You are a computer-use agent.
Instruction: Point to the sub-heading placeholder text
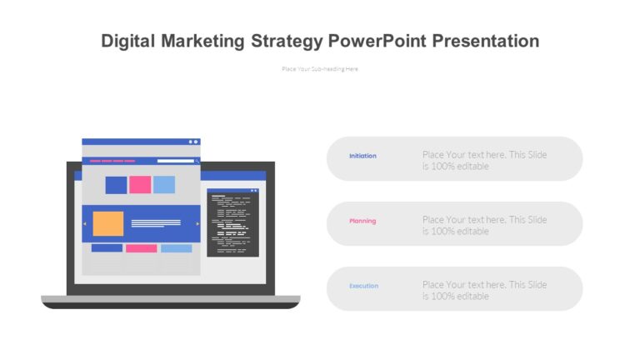click(x=320, y=69)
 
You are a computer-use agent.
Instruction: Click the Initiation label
click(x=362, y=156)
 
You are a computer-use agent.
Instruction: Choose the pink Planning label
click(x=362, y=221)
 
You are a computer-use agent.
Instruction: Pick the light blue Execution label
click(x=363, y=286)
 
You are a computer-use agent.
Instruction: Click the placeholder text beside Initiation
click(x=484, y=160)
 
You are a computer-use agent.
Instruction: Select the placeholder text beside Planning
click(x=484, y=225)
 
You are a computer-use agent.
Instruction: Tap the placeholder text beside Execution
click(x=484, y=290)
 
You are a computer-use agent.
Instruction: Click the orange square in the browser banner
click(x=107, y=223)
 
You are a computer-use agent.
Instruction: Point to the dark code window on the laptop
click(x=232, y=223)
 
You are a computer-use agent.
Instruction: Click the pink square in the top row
click(x=140, y=185)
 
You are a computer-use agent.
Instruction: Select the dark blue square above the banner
click(x=116, y=185)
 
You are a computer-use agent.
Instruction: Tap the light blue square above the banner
click(x=164, y=185)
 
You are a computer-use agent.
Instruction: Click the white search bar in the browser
click(x=177, y=161)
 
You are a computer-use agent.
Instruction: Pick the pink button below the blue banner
click(x=141, y=248)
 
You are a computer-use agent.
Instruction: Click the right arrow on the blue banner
click(x=197, y=223)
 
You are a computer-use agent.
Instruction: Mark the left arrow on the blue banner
click(x=84, y=223)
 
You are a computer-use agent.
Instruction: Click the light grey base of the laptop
click(x=170, y=299)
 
